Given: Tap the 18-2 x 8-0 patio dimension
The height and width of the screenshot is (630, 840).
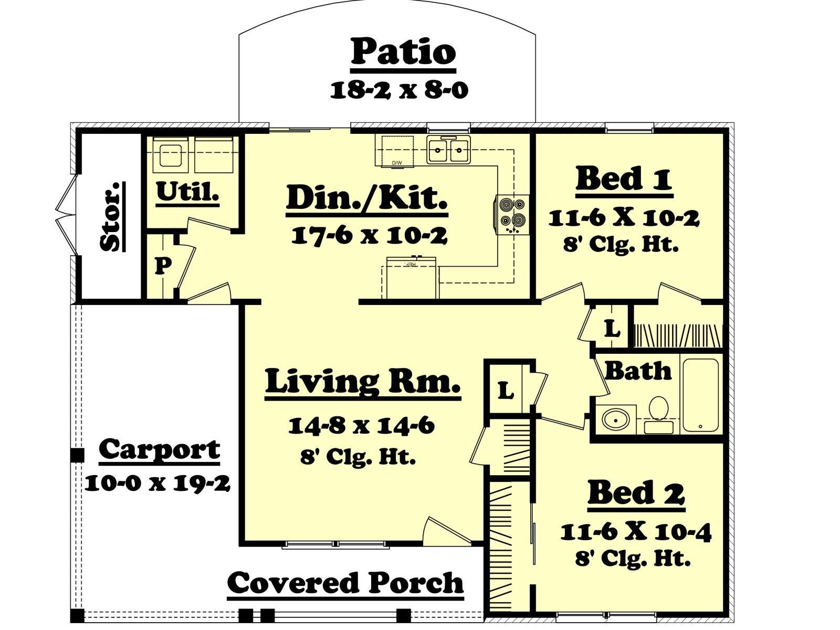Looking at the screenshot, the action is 399,91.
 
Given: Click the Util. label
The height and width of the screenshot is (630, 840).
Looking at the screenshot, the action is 187,192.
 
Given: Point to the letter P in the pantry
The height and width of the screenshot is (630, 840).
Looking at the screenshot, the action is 163,265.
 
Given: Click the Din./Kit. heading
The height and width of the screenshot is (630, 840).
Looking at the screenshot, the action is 366,197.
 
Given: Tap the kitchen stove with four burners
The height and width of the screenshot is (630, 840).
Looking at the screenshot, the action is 512,215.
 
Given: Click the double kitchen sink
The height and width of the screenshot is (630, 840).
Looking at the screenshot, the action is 448,150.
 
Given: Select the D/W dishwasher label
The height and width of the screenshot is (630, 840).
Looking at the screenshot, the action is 397,163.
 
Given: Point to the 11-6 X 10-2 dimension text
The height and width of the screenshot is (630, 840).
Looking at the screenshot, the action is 624,219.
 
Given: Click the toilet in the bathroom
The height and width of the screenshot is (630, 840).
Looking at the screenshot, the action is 658,415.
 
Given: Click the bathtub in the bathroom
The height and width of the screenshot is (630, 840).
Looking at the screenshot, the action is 701,395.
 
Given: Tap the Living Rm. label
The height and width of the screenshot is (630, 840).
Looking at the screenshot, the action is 363,381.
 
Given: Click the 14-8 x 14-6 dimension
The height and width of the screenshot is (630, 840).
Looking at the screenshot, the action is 361,425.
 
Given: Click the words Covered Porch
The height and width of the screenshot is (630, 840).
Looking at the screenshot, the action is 345,583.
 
